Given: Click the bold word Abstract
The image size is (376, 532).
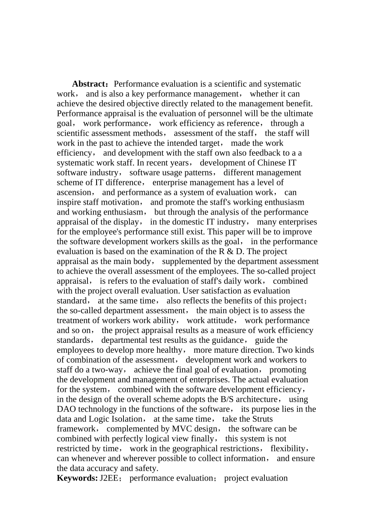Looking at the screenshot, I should [89, 84].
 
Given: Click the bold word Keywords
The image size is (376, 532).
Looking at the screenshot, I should [76, 478].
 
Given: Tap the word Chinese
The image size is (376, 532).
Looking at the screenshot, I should [272, 163].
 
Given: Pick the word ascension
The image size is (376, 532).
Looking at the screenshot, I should [74, 192].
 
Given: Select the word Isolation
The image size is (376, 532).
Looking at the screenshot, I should [127, 419].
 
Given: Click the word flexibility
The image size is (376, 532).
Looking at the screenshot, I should [288, 448].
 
